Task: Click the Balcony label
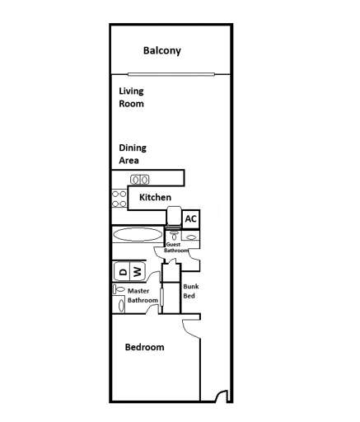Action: pyautogui.click(x=161, y=51)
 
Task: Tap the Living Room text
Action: pyautogui.click(x=131, y=98)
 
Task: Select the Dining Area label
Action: pyautogui.click(x=132, y=154)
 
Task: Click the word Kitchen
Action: pyautogui.click(x=155, y=198)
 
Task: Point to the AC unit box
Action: pyautogui.click(x=190, y=218)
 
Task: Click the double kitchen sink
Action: pyautogui.click(x=139, y=179)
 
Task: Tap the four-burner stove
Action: pyautogui.click(x=119, y=199)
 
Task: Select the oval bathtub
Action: pyautogui.click(x=138, y=234)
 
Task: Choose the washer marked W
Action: pyautogui.click(x=138, y=271)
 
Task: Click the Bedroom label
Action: pyautogui.click(x=144, y=347)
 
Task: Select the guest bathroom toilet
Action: pyautogui.click(x=173, y=235)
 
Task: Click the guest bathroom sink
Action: pyautogui.click(x=190, y=237)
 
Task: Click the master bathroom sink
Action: pyautogui.click(x=122, y=304)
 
